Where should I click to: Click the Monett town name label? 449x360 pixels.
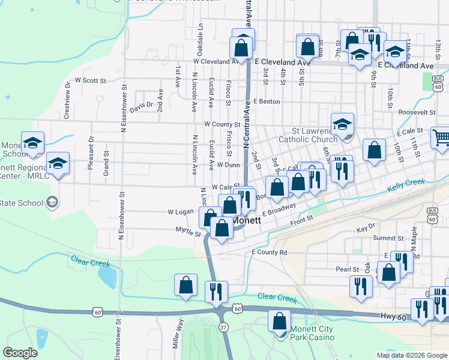point(247,220)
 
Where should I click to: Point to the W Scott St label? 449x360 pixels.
point(90,80)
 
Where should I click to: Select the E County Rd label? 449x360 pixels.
point(270,253)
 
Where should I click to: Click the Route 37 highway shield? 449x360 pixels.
point(223,328)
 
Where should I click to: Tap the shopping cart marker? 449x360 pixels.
point(441,138)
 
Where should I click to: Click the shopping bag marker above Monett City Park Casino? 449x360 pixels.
point(279,321)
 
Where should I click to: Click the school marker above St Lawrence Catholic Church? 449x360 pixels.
point(342,124)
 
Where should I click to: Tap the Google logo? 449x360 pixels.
point(20,353)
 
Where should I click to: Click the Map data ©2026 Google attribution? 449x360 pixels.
point(411,355)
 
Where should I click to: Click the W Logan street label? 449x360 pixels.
point(180,212)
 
